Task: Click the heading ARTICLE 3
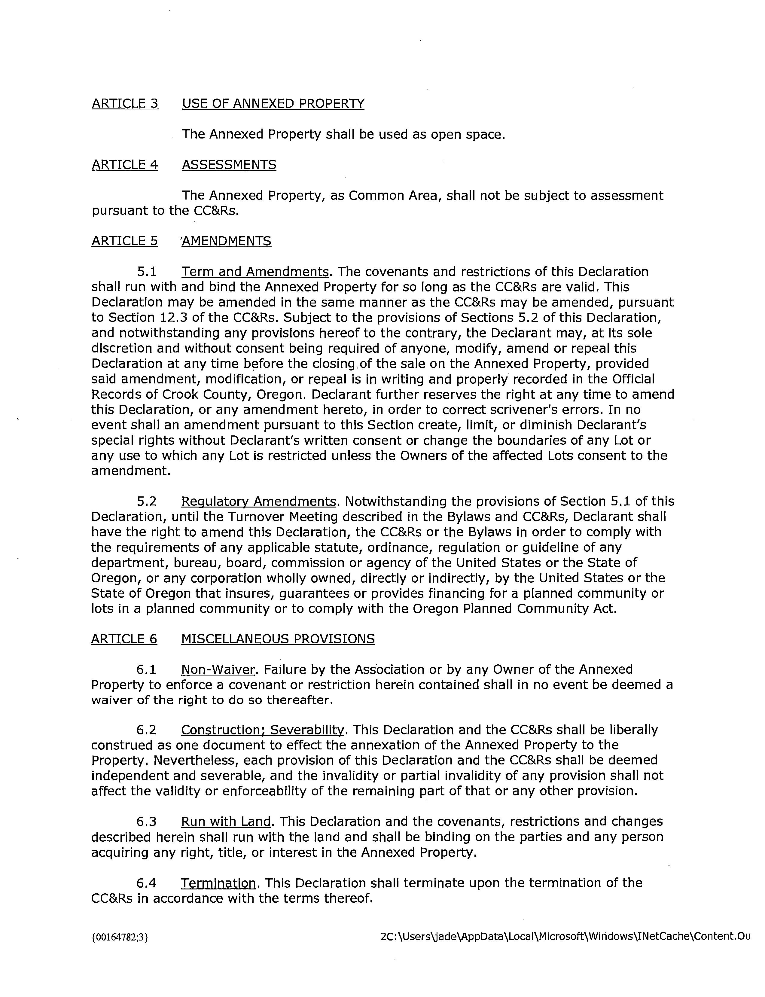[x=125, y=104]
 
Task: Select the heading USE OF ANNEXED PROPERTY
[x=273, y=104]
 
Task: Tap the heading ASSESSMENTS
[x=229, y=165]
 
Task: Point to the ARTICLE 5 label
[x=125, y=241]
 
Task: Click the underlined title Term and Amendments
[x=255, y=272]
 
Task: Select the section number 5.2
[x=147, y=501]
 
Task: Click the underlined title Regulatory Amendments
[x=259, y=501]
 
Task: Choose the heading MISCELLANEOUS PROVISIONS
[x=278, y=639]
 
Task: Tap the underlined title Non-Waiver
[x=218, y=670]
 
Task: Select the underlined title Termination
[x=218, y=883]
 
